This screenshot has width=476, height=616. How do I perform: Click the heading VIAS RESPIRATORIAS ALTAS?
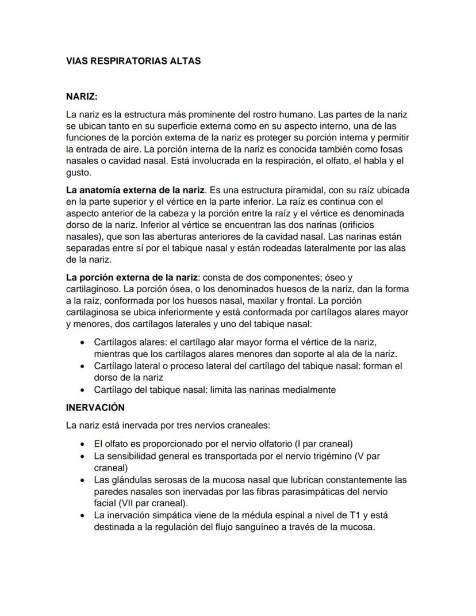click(133, 60)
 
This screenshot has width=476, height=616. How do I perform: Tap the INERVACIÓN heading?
click(95, 407)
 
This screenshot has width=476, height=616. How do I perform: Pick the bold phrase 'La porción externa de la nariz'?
click(132, 277)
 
